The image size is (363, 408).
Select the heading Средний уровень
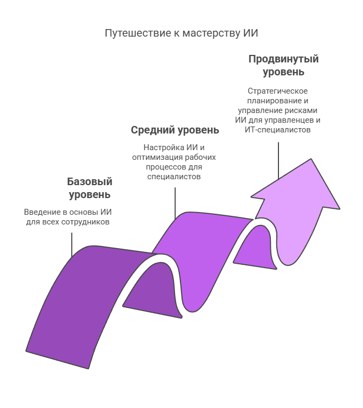tap(175, 130)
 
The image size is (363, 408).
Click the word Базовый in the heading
tap(89, 181)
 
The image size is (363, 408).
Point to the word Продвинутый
tap(284, 59)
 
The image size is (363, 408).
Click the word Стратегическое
tap(277, 91)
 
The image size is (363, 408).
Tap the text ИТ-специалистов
tap(277, 130)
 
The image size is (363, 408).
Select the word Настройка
tap(164, 148)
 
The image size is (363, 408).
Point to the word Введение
tap(42, 212)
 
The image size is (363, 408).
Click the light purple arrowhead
tap(296, 193)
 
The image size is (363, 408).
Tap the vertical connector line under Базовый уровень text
tap(72, 245)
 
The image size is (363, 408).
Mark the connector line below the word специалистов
tap(175, 203)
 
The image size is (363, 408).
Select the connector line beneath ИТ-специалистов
tap(278, 161)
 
